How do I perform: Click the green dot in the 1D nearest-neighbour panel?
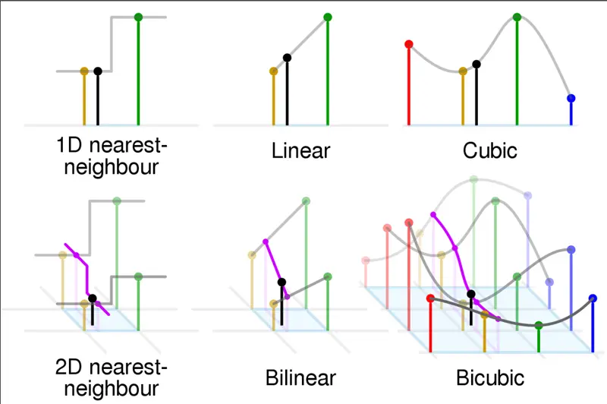(138, 17)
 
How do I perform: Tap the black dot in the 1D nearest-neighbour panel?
(98, 71)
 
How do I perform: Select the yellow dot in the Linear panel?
(274, 71)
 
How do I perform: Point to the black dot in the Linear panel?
(287, 58)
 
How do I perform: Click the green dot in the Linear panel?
(328, 17)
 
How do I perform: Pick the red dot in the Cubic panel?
(409, 44)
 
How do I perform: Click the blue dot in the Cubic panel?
(571, 99)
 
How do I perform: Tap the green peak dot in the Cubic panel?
(517, 17)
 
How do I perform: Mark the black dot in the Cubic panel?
(476, 65)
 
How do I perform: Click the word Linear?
(300, 150)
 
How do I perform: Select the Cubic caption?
(489, 150)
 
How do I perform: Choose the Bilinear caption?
(300, 377)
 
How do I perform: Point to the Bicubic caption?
(490, 377)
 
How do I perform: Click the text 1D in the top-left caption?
(69, 145)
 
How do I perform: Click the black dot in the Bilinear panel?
(281, 282)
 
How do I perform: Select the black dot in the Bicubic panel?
(471, 294)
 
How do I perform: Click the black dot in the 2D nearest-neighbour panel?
(92, 298)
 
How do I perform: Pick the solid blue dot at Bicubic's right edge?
(593, 298)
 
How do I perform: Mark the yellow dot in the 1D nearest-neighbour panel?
(84, 71)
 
